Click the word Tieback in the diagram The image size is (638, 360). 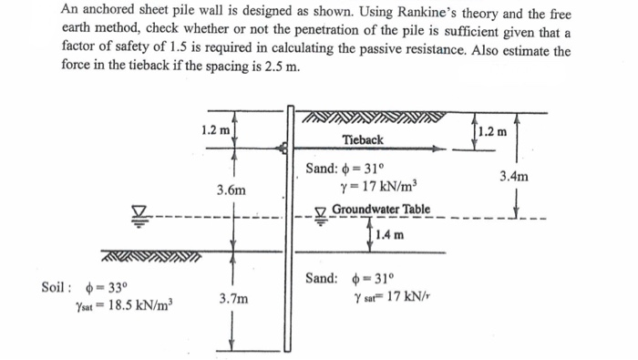(x=363, y=139)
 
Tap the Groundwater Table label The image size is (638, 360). (x=380, y=211)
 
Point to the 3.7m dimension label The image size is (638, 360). (x=232, y=298)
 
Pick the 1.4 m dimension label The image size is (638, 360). (x=389, y=234)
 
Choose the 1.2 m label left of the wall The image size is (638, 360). (x=213, y=130)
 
